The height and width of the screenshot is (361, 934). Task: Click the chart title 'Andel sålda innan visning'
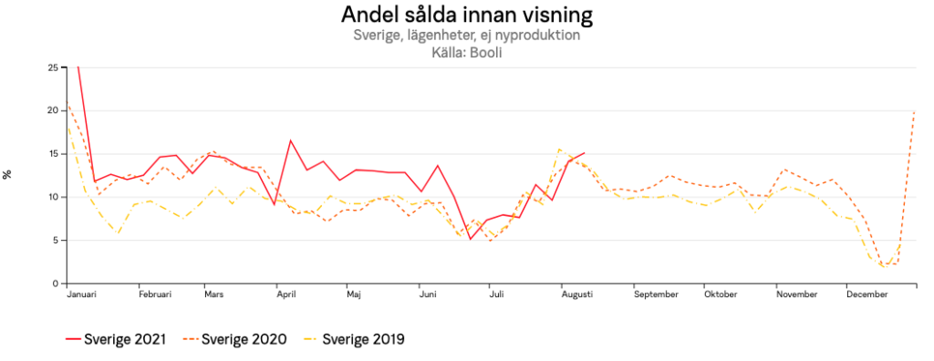tap(466, 15)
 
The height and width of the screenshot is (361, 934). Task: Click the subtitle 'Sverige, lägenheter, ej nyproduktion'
tap(466, 36)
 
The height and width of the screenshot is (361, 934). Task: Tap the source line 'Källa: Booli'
tap(466, 53)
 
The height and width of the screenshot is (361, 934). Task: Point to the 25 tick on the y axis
tap(53, 67)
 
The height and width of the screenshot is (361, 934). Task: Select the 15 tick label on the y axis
tap(53, 154)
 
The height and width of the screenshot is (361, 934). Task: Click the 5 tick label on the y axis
tap(55, 241)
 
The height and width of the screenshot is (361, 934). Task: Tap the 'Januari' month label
tap(81, 295)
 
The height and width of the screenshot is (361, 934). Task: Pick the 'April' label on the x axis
tap(285, 295)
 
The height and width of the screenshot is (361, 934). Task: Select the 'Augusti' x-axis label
tap(576, 295)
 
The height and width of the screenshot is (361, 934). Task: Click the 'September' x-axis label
tap(656, 295)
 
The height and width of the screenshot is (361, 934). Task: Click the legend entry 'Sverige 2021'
tap(116, 340)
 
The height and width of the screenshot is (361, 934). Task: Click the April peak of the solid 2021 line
tap(290, 140)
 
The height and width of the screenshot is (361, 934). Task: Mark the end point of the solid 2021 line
tap(585, 153)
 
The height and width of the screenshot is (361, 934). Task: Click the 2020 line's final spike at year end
tap(914, 111)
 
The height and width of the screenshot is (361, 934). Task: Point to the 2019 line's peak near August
tap(559, 150)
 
